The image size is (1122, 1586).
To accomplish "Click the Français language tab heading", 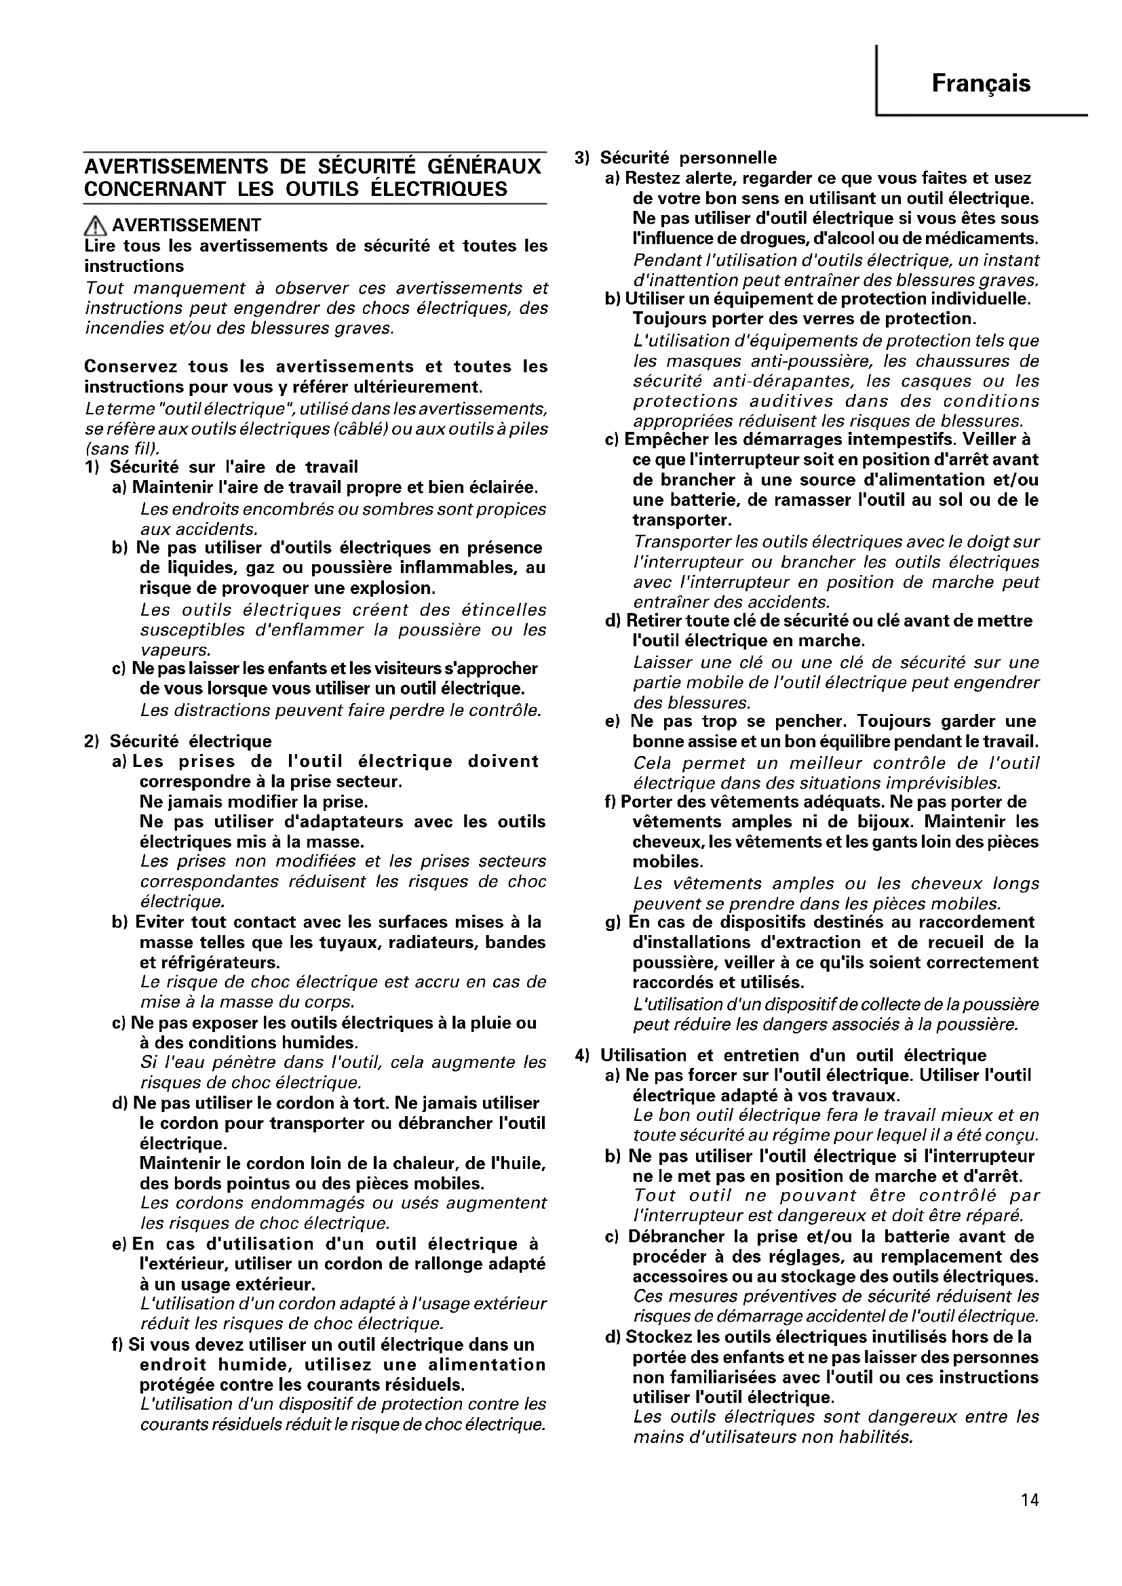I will pos(980,83).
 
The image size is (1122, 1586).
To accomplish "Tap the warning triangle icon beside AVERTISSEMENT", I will pos(96,225).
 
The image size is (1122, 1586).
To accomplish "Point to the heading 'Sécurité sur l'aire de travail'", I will pos(234,468).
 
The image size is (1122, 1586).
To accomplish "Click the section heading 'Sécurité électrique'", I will pos(191,741).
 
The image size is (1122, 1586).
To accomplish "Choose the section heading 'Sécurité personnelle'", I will pos(688,158).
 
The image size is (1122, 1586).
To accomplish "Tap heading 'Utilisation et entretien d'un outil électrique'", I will pos(793,1055).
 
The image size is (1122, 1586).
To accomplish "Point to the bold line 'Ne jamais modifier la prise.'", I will pos(254,802).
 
